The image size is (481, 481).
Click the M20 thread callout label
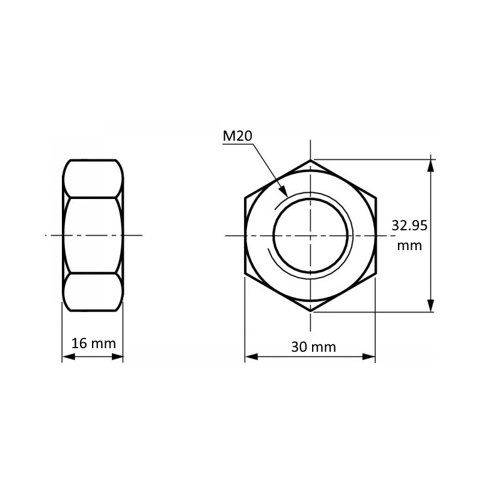click(237, 136)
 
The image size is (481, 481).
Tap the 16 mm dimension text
click(93, 344)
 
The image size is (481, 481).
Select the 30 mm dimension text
click(313, 347)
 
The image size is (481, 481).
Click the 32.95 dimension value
click(409, 226)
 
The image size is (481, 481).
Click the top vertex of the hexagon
click(311, 160)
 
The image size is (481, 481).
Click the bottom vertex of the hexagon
click(311, 311)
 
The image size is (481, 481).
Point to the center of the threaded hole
click(311, 235)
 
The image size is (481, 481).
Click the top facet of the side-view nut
click(93, 179)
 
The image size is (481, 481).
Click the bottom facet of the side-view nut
click(93, 292)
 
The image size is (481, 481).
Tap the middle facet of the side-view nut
click(93, 235)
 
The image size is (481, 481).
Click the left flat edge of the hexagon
click(245, 235)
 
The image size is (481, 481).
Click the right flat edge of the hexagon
click(376, 235)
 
